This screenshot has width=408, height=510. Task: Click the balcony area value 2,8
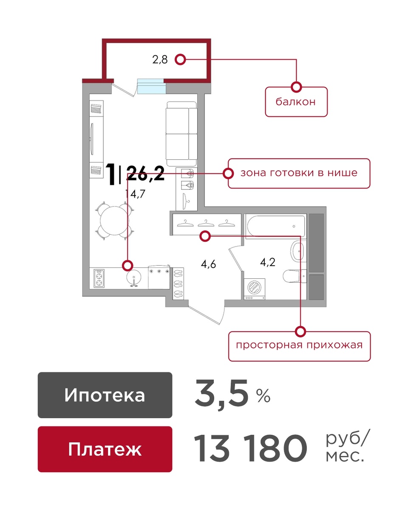click(160, 59)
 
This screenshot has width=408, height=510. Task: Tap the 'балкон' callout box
click(296, 102)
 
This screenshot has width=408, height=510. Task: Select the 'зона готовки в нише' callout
click(299, 173)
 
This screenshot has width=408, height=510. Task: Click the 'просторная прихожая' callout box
click(299, 345)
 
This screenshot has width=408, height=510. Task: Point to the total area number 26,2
click(145, 173)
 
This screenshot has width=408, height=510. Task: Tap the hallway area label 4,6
click(209, 264)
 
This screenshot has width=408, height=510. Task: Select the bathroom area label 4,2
click(268, 262)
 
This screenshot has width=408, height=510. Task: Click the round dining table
click(114, 220)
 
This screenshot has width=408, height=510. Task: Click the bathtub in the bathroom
click(276, 227)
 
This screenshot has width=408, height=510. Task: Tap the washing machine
click(255, 288)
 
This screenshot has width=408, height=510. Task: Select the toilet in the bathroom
click(293, 277)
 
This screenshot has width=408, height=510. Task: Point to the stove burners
click(99, 278)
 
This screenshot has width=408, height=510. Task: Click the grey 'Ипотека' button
click(105, 395)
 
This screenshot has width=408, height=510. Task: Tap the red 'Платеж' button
click(105, 449)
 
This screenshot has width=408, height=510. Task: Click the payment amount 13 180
click(251, 448)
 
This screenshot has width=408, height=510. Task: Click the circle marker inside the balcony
click(180, 59)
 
